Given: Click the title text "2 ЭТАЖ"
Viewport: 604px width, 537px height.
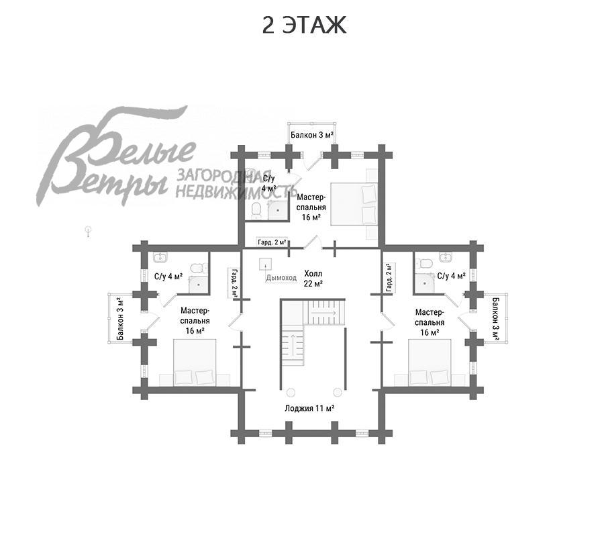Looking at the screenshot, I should click(303, 25).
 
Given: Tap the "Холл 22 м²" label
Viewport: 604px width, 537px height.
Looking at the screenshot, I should click(313, 279).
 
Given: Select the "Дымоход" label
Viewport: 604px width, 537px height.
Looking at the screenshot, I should click(281, 277).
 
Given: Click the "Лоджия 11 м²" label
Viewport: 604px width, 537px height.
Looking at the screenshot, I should click(309, 407).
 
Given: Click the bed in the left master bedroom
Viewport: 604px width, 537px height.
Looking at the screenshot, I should click(195, 362).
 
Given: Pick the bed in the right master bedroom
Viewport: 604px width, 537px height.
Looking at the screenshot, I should click(430, 362).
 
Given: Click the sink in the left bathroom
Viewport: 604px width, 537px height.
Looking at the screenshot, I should click(160, 258).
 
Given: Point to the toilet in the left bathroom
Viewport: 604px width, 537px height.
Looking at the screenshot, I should click(196, 268).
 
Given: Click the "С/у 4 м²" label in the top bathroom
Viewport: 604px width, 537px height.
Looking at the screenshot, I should click(268, 183).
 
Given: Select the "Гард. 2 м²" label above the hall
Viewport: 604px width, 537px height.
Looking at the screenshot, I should click(272, 242).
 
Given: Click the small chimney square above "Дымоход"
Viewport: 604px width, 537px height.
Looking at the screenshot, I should click(266, 263).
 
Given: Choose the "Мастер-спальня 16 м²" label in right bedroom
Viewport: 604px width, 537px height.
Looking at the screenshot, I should click(430, 322).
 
